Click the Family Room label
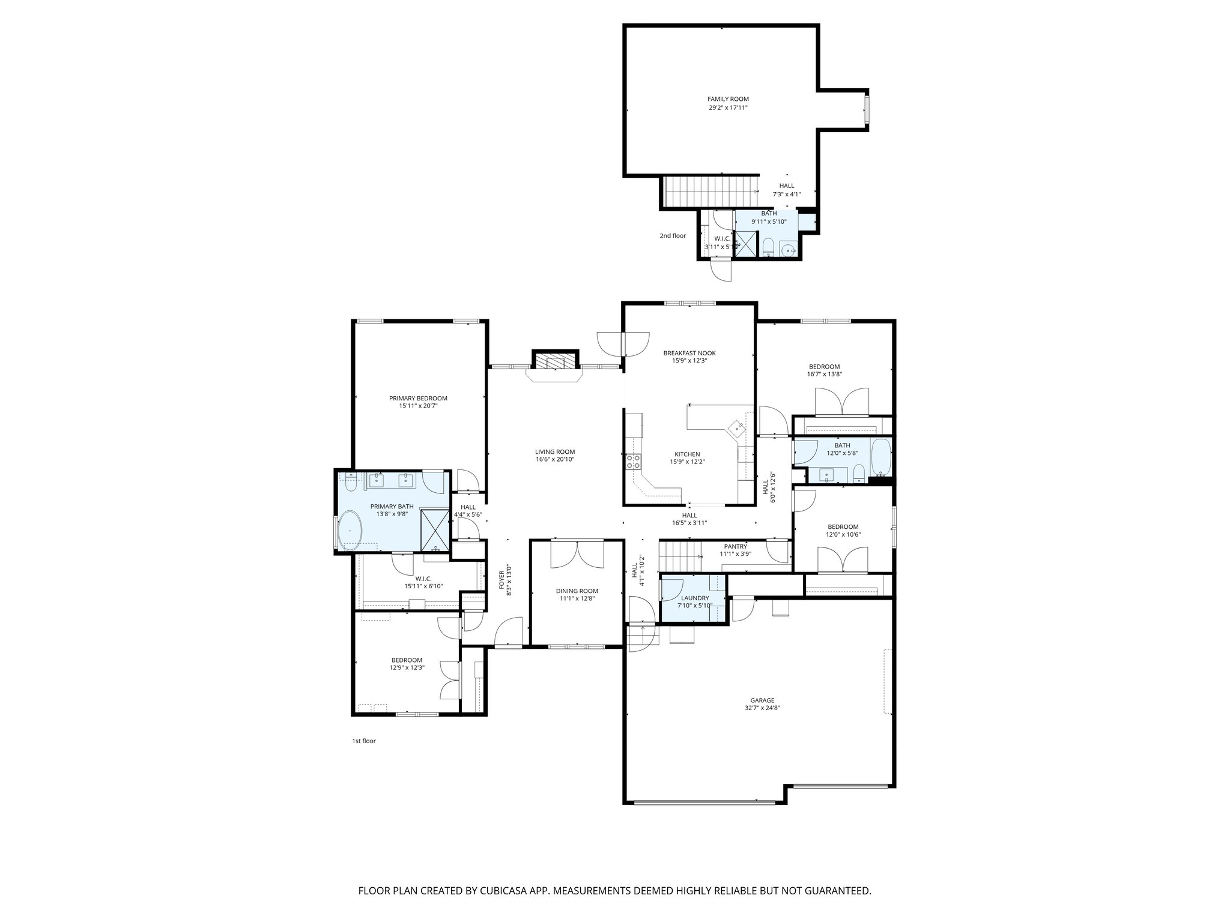tap(728, 99)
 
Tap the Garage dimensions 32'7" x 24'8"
tap(762, 708)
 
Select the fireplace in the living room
tap(555, 362)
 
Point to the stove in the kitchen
tap(633, 462)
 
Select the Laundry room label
tap(695, 598)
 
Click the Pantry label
tap(735, 546)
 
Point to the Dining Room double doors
tap(577, 554)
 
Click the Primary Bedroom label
tap(418, 398)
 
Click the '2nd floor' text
tap(673, 236)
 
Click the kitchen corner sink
tap(736, 427)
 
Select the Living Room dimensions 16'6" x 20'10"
tap(555, 460)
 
